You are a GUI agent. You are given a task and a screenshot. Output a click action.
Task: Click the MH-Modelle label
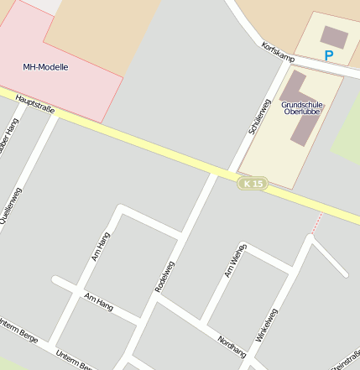point(46,66)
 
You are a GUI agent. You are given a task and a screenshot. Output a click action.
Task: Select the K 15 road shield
point(253,183)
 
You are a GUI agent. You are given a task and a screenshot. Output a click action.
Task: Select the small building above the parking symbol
point(333,36)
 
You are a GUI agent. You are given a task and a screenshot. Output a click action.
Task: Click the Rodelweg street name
point(166,276)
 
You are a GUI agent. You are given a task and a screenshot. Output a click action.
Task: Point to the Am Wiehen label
point(235,260)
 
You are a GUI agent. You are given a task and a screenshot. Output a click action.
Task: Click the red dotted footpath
point(316,223)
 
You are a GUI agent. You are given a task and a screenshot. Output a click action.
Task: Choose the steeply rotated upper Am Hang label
point(99,248)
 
